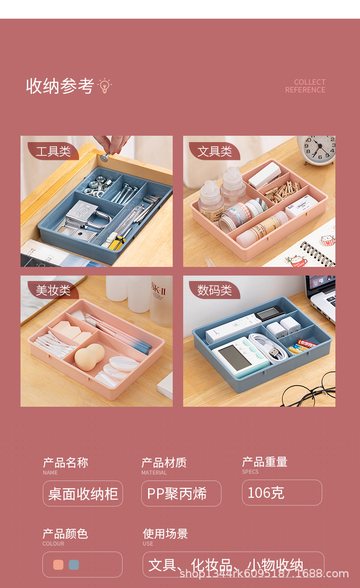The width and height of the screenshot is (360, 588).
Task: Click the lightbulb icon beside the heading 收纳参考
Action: click(x=105, y=86)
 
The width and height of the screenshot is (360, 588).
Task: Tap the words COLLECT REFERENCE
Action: click(x=305, y=86)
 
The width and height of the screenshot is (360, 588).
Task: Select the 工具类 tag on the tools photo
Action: click(x=53, y=151)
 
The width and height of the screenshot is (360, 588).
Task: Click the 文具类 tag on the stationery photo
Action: click(x=214, y=151)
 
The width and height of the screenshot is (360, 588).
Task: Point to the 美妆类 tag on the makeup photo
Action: click(x=53, y=290)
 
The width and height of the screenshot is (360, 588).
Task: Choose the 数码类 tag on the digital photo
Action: click(x=214, y=290)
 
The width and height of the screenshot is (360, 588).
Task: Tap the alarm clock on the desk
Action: click(x=318, y=149)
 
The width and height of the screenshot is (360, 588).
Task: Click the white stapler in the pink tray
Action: click(x=264, y=175)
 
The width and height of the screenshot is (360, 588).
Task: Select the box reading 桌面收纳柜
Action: click(x=83, y=493)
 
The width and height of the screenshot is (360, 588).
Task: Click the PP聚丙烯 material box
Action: click(x=181, y=493)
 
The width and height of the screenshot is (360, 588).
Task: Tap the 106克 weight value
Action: click(x=282, y=492)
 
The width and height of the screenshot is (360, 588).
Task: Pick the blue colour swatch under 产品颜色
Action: click(x=74, y=565)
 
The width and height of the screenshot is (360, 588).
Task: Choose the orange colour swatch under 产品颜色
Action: click(x=58, y=565)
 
